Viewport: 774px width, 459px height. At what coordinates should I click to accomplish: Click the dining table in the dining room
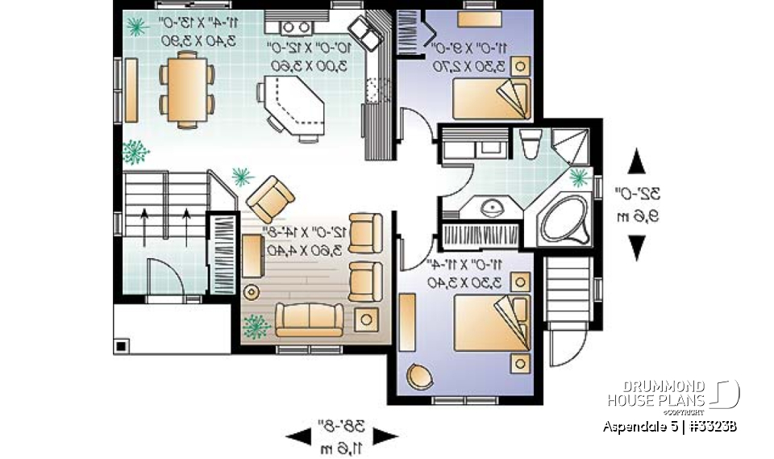(x=187, y=87)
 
